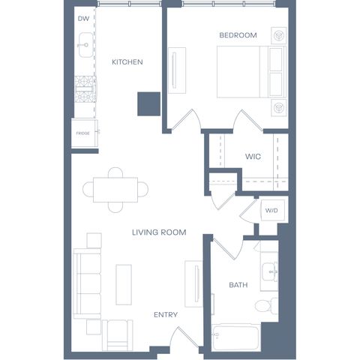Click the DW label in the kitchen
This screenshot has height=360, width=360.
click(83, 19)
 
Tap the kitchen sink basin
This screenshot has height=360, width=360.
click(85, 45)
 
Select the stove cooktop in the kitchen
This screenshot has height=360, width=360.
click(85, 89)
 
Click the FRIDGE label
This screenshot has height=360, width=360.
click(82, 133)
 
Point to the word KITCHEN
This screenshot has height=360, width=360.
click(127, 62)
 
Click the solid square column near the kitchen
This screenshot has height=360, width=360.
click(148, 103)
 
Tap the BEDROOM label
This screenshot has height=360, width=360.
click(238, 35)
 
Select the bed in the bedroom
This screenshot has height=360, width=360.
click(251, 72)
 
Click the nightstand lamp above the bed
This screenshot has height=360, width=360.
click(279, 35)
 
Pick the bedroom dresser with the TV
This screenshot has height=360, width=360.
click(177, 70)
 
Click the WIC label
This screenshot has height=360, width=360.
click(253, 157)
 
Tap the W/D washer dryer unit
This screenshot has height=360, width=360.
click(272, 210)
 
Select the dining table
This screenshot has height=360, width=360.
click(115, 190)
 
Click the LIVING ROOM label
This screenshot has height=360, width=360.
click(159, 232)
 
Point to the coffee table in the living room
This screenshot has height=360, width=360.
click(124, 285)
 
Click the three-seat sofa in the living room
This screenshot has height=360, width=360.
click(87, 283)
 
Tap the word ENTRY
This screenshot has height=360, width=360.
click(166, 315)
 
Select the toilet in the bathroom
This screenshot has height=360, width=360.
click(266, 306)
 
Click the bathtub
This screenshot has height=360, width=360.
click(235, 337)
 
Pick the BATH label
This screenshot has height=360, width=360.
click(238, 285)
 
